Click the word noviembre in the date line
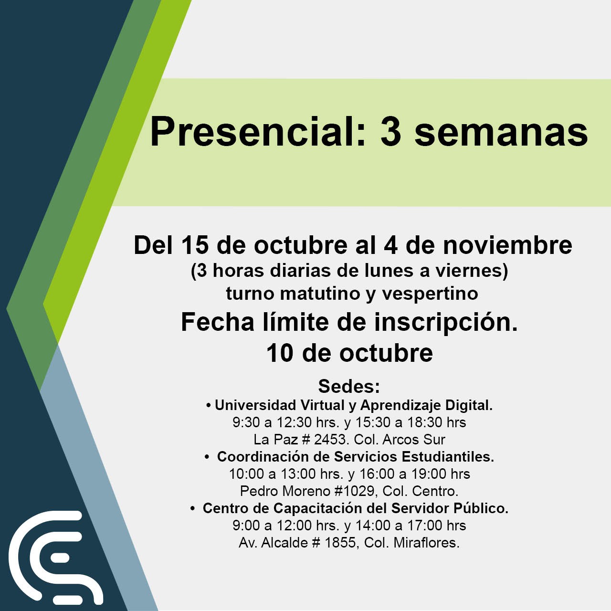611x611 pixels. pos(507,245)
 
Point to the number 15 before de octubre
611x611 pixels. pos(194,245)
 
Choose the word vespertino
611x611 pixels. pos(430,295)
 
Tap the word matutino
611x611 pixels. pos(320,294)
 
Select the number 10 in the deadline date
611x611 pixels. pos(280,353)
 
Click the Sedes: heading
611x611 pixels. pos(349,386)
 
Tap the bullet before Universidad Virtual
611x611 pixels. pos(208,406)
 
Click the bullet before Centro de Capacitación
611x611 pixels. pos(192,509)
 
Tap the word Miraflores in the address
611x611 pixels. pos(426,543)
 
